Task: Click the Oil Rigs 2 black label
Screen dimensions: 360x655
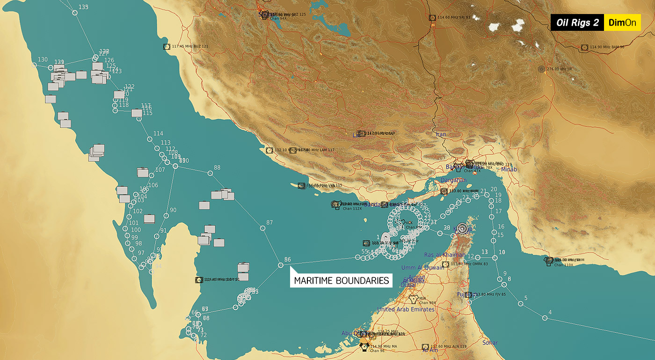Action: point(577,23)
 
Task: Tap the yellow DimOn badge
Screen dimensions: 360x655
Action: point(622,23)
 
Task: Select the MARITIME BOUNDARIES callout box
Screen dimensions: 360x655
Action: point(341,281)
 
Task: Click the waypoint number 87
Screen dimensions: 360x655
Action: point(269,223)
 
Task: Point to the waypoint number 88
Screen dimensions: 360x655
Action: point(217,167)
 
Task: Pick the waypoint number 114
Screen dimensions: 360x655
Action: point(158,134)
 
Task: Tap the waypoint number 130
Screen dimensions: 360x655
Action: point(43,59)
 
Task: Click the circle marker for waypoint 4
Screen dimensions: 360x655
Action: point(545,318)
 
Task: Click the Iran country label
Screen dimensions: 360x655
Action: point(441,134)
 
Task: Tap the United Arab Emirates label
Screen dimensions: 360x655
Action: point(406,310)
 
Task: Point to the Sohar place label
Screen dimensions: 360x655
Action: point(490,343)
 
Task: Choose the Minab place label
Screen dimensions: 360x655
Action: point(509,169)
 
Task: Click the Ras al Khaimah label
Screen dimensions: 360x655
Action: point(444,255)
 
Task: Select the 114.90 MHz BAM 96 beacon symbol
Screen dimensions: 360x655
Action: point(584,47)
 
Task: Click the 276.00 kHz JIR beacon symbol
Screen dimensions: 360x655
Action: point(542,69)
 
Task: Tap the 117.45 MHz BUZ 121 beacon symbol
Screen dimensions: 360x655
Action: point(167,47)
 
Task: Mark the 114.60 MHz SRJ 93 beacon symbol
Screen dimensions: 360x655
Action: point(432,18)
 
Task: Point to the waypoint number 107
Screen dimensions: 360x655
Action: point(160,170)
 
